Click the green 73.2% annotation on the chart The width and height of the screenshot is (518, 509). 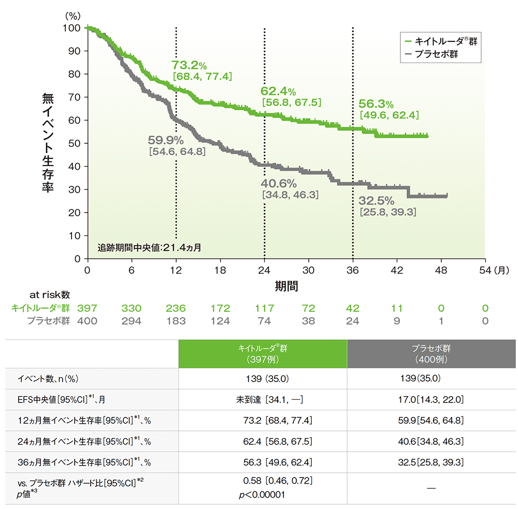[190, 65]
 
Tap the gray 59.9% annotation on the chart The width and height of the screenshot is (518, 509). [166, 140]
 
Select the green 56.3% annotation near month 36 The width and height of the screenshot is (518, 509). [376, 103]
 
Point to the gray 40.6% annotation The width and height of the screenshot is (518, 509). [279, 183]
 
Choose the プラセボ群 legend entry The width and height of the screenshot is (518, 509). [436, 54]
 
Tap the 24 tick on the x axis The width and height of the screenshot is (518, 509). [264, 270]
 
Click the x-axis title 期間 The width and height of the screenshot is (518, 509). [286, 285]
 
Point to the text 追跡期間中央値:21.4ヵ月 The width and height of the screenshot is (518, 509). [150, 247]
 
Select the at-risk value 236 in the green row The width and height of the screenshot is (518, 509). [176, 309]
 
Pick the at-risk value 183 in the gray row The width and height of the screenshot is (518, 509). [176, 321]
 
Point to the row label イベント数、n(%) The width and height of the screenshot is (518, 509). [48, 379]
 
